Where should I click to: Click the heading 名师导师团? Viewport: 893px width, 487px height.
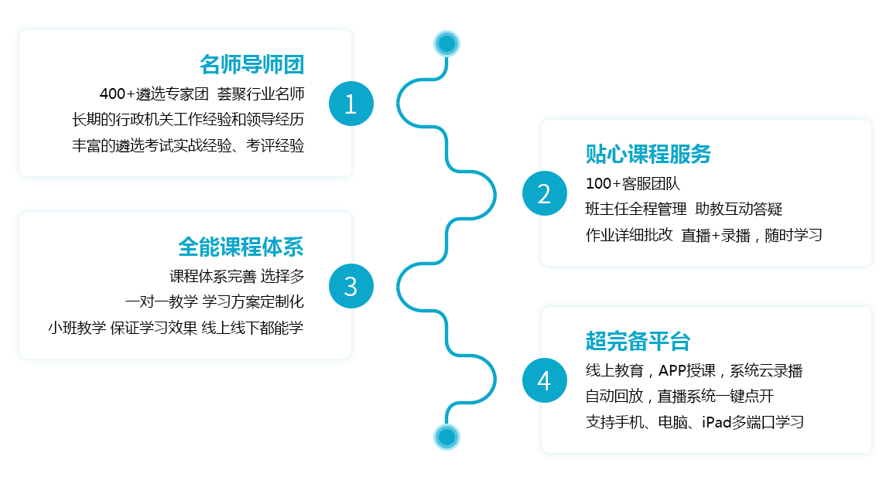pos(251,63)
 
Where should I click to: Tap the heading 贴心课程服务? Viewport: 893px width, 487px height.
pos(648,154)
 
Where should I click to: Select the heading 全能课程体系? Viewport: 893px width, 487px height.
pos(241,247)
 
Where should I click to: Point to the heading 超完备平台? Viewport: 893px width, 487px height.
pos(638,341)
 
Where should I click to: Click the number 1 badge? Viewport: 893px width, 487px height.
pos(351,104)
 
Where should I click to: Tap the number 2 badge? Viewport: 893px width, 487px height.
pos(544,193)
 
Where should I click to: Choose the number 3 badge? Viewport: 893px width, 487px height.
pos(351,286)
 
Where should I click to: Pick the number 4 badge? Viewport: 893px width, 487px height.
pos(544,380)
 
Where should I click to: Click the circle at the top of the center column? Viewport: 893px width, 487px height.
pos(446,43)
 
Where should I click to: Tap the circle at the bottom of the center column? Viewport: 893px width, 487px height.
pos(446,438)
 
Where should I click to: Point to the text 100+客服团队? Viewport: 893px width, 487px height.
pos(632,183)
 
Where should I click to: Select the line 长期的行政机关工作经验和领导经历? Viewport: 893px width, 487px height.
pos(188,120)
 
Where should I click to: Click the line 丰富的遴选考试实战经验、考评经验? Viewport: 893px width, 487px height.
pos(188,145)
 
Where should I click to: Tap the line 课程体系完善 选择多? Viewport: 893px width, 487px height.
pos(237,276)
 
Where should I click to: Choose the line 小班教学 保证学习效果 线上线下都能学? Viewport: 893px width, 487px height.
pos(176,327)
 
